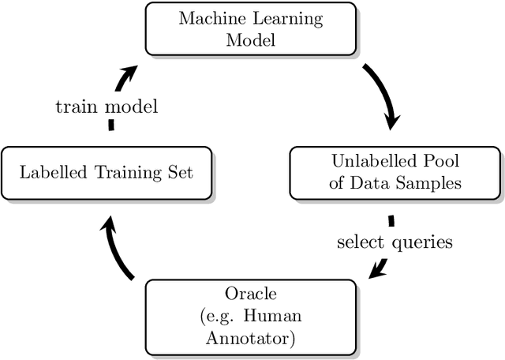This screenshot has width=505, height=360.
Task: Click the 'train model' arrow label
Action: point(107,107)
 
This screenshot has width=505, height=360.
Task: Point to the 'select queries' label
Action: point(395,242)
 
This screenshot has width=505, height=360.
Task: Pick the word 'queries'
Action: point(425,242)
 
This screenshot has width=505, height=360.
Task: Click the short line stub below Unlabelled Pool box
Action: point(391,220)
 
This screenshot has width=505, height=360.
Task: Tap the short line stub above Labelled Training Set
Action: point(110,125)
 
